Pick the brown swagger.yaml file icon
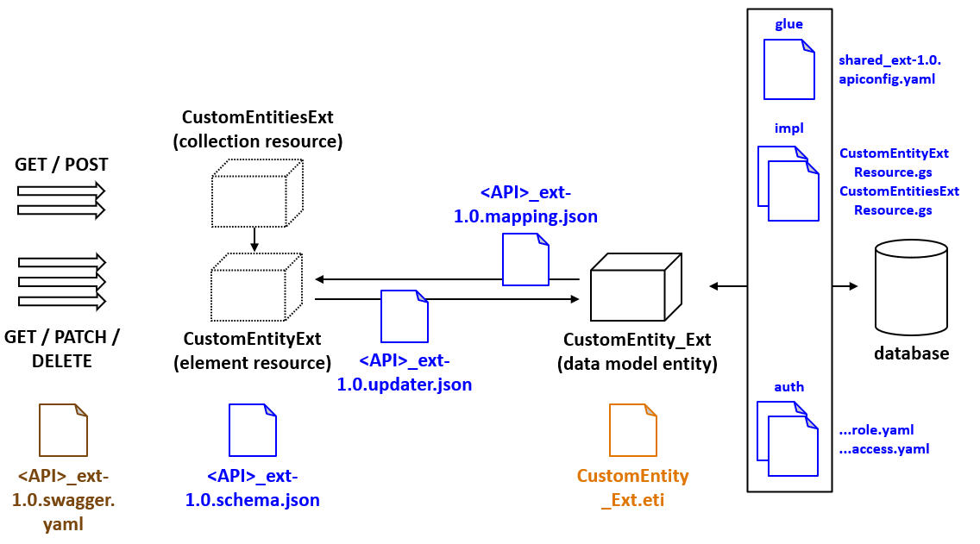(64, 430)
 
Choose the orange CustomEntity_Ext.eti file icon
(633, 430)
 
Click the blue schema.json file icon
(252, 430)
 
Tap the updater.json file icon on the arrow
(405, 316)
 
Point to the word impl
(788, 128)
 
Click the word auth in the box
(788, 386)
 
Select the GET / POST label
(61, 165)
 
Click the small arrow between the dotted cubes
(254, 239)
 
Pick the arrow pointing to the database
(845, 285)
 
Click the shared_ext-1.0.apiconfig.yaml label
(889, 70)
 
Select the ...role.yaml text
(876, 429)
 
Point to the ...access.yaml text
(883, 448)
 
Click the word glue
(788, 24)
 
